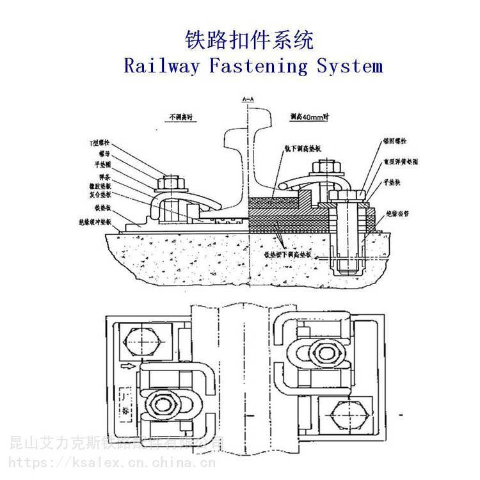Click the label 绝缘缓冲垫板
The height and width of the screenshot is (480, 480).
pyautogui.click(x=95, y=221)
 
